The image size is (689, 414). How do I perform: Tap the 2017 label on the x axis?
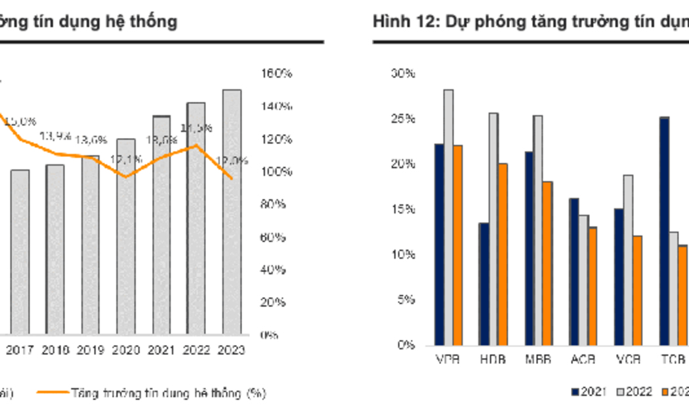click(x=20, y=351)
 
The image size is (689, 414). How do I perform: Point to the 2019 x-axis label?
click(x=91, y=351)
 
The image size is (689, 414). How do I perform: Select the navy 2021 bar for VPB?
click(x=439, y=244)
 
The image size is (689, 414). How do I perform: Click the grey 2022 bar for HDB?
click(x=493, y=229)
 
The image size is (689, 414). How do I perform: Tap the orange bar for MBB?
click(x=547, y=263)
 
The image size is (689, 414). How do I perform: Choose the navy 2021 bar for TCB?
click(x=664, y=231)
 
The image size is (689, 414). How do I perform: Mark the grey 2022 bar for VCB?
click(x=628, y=260)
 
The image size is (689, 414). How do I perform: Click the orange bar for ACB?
click(x=593, y=286)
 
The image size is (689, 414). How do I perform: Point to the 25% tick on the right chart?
click(x=404, y=119)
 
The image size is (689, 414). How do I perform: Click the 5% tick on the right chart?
click(x=406, y=300)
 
